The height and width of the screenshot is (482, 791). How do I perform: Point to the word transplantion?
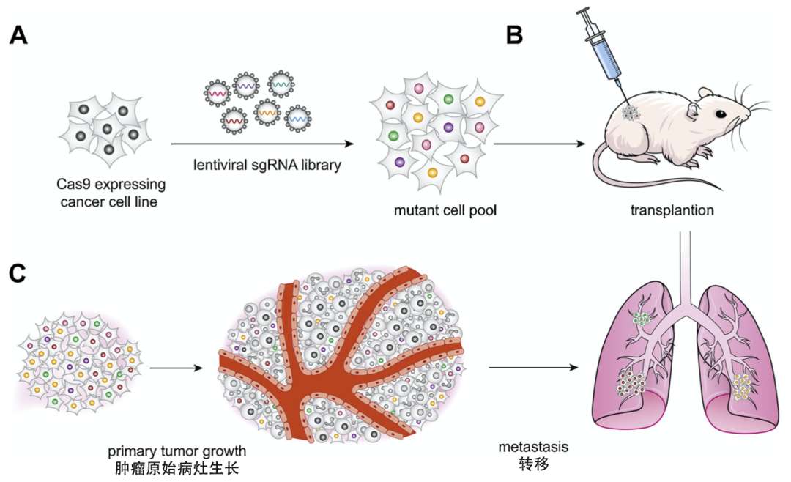[671, 212]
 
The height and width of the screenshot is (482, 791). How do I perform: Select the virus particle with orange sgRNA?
[267, 114]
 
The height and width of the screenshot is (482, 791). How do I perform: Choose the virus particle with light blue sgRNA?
[298, 116]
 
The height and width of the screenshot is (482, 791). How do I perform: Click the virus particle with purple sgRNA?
[245, 86]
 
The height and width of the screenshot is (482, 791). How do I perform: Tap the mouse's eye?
[721, 114]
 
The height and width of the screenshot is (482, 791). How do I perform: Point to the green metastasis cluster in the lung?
[642, 319]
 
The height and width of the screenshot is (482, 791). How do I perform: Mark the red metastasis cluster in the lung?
[631, 385]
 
